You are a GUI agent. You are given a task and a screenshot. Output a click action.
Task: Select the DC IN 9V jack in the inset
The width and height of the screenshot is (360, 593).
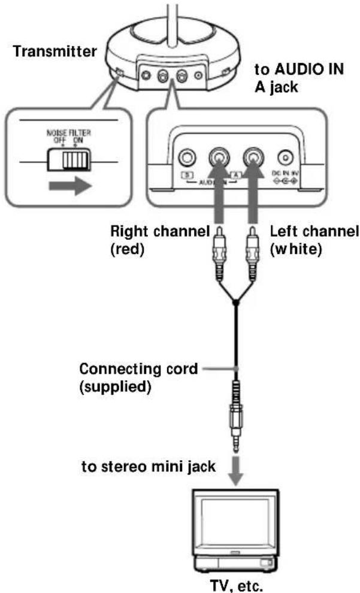tap(285, 158)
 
